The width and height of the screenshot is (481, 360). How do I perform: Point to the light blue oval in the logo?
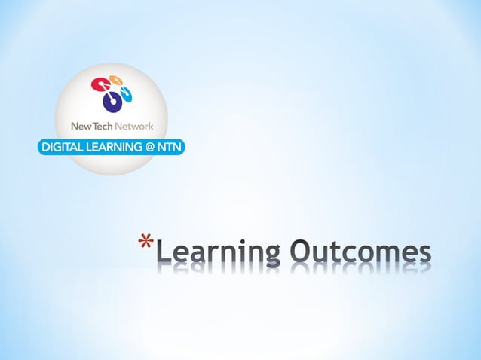tap(127, 94)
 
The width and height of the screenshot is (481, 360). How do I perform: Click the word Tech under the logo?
tap(100, 126)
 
